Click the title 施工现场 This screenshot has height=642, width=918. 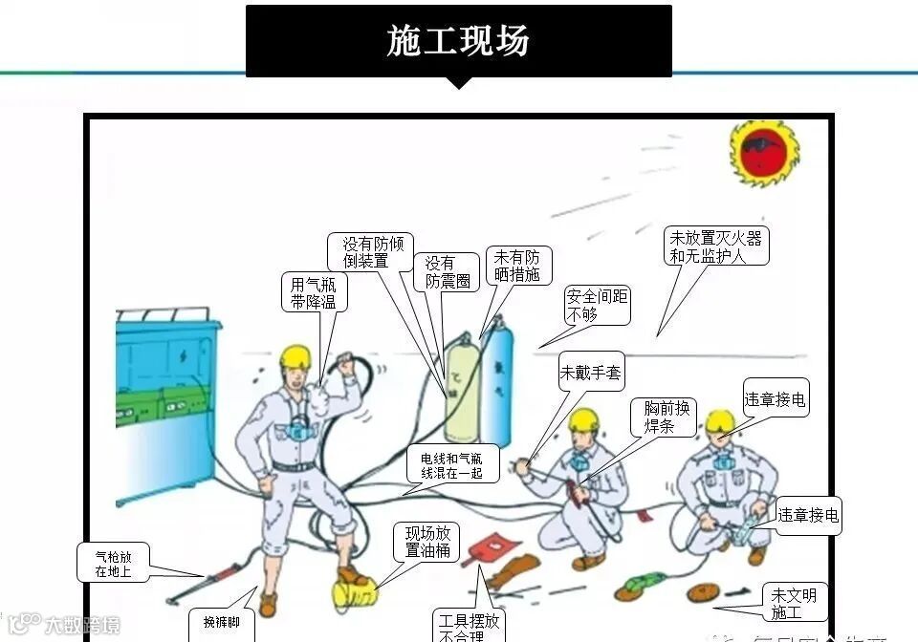[x=458, y=41]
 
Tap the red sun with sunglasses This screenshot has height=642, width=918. [x=765, y=152]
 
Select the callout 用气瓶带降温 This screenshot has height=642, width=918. [x=315, y=292]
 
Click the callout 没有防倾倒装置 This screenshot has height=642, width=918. [x=365, y=252]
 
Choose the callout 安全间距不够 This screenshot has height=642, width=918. [x=597, y=305]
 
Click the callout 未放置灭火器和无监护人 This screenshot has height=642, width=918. [x=715, y=246]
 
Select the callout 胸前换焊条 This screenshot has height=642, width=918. [x=662, y=417]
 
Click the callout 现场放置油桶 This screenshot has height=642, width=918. [x=426, y=543]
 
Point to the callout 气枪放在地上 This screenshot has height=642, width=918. [x=113, y=564]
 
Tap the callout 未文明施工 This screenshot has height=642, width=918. [x=794, y=603]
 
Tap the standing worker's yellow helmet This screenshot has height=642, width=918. [x=295, y=356]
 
